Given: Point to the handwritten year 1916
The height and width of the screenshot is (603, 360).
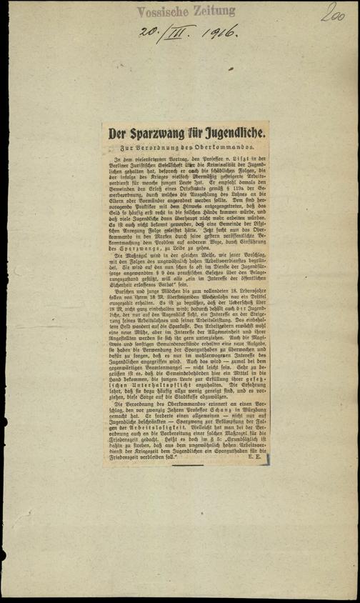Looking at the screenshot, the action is tap(219, 33).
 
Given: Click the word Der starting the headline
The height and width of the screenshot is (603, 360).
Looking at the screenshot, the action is tap(118, 134).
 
